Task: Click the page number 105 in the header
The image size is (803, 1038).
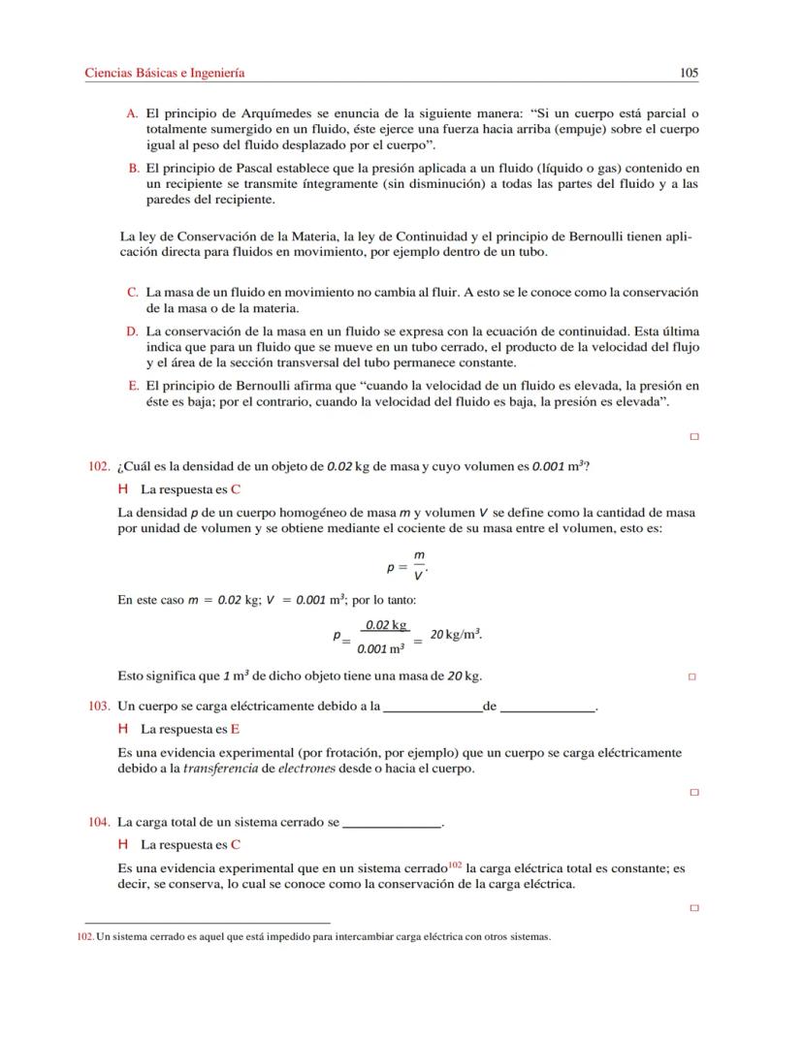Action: (689, 73)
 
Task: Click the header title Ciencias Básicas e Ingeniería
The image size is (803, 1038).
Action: (165, 73)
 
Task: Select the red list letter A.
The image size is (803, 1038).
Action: (132, 113)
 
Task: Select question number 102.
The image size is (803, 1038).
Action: (98, 466)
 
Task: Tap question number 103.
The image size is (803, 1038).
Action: (98, 707)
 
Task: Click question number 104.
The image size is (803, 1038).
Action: (98, 822)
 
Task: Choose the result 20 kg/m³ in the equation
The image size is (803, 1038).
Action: (456, 634)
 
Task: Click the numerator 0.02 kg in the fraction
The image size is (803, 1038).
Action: (385, 625)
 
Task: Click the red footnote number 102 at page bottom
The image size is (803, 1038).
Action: (85, 937)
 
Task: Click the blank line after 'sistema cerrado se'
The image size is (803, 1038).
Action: (392, 824)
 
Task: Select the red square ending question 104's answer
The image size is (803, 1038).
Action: (693, 908)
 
